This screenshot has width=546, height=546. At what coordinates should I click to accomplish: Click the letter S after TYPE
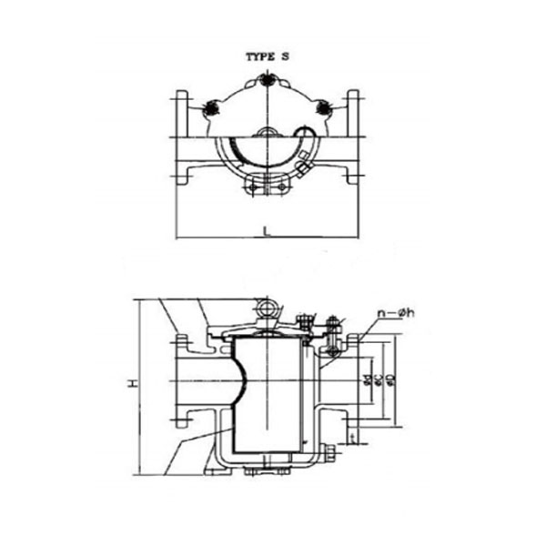284,56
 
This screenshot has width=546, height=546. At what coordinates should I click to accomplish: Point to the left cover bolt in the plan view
212,108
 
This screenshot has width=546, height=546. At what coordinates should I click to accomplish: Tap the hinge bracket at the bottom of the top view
267,187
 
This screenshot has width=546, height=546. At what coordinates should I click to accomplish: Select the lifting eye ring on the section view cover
268,309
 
